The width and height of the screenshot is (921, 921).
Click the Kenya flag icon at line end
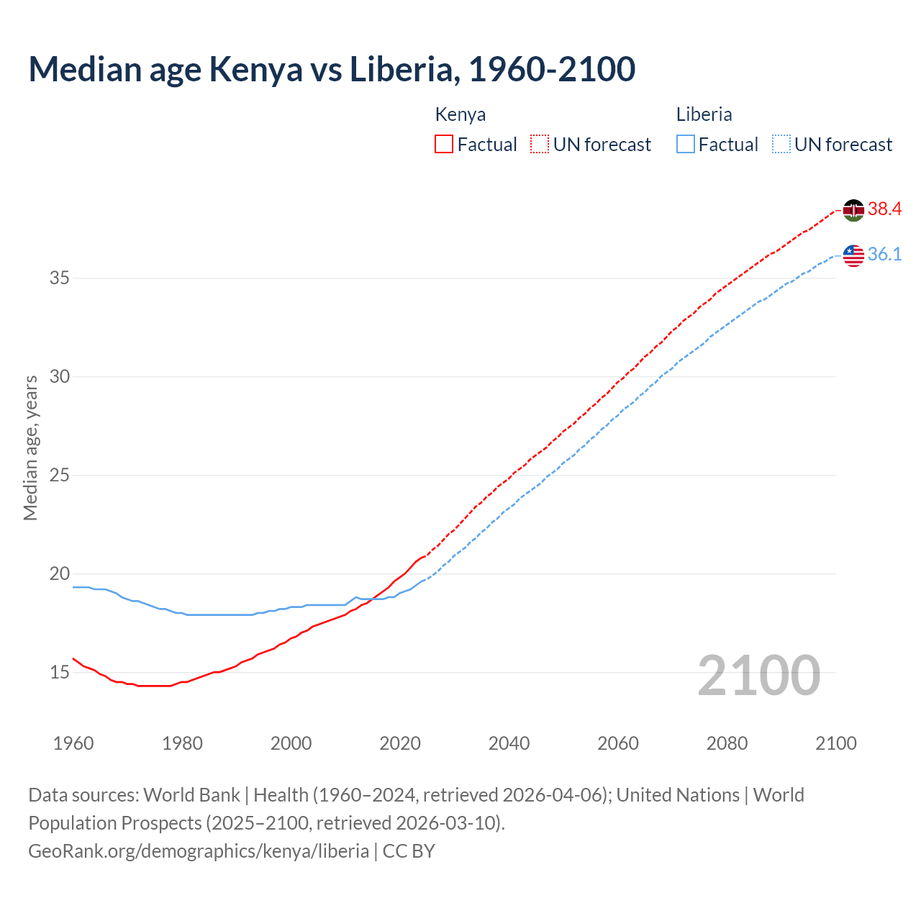(x=853, y=210)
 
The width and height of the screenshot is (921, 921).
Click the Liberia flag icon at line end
(x=853, y=255)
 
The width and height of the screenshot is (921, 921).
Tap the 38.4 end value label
(x=884, y=209)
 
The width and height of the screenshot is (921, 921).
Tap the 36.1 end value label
(x=884, y=255)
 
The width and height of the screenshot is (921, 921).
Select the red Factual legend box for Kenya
(x=444, y=144)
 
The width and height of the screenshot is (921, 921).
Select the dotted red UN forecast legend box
(x=540, y=144)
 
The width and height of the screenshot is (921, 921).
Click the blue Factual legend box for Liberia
(x=686, y=144)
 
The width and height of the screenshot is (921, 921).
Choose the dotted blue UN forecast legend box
(x=781, y=144)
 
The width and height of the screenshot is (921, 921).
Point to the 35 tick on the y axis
(x=59, y=278)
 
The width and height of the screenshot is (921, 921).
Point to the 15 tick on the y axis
(x=59, y=673)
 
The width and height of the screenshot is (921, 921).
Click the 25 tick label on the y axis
(x=59, y=476)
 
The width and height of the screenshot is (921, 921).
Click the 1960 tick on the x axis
(x=73, y=743)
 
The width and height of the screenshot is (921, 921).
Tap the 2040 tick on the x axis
(x=509, y=743)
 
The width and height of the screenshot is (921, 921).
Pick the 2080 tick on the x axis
(x=727, y=743)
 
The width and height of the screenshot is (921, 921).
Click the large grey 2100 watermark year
(x=758, y=676)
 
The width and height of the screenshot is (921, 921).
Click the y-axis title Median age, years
(x=30, y=448)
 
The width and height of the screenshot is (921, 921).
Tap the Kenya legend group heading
(x=460, y=114)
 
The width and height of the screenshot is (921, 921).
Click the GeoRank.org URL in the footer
(x=199, y=851)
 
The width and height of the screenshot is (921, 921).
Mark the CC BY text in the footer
(x=409, y=851)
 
